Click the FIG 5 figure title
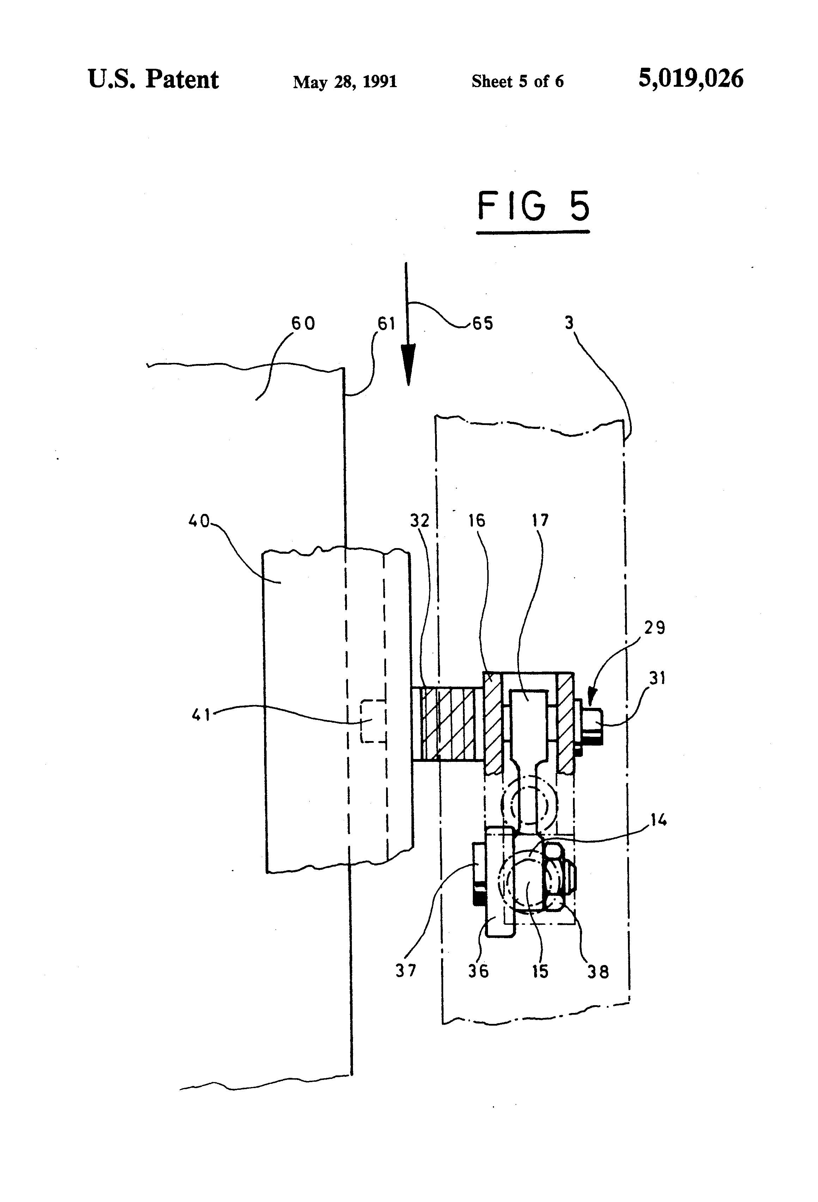[533, 206]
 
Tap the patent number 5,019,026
[691, 79]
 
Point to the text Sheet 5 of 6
[518, 81]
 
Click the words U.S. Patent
[154, 80]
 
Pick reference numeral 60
[303, 323]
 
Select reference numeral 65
[483, 324]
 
